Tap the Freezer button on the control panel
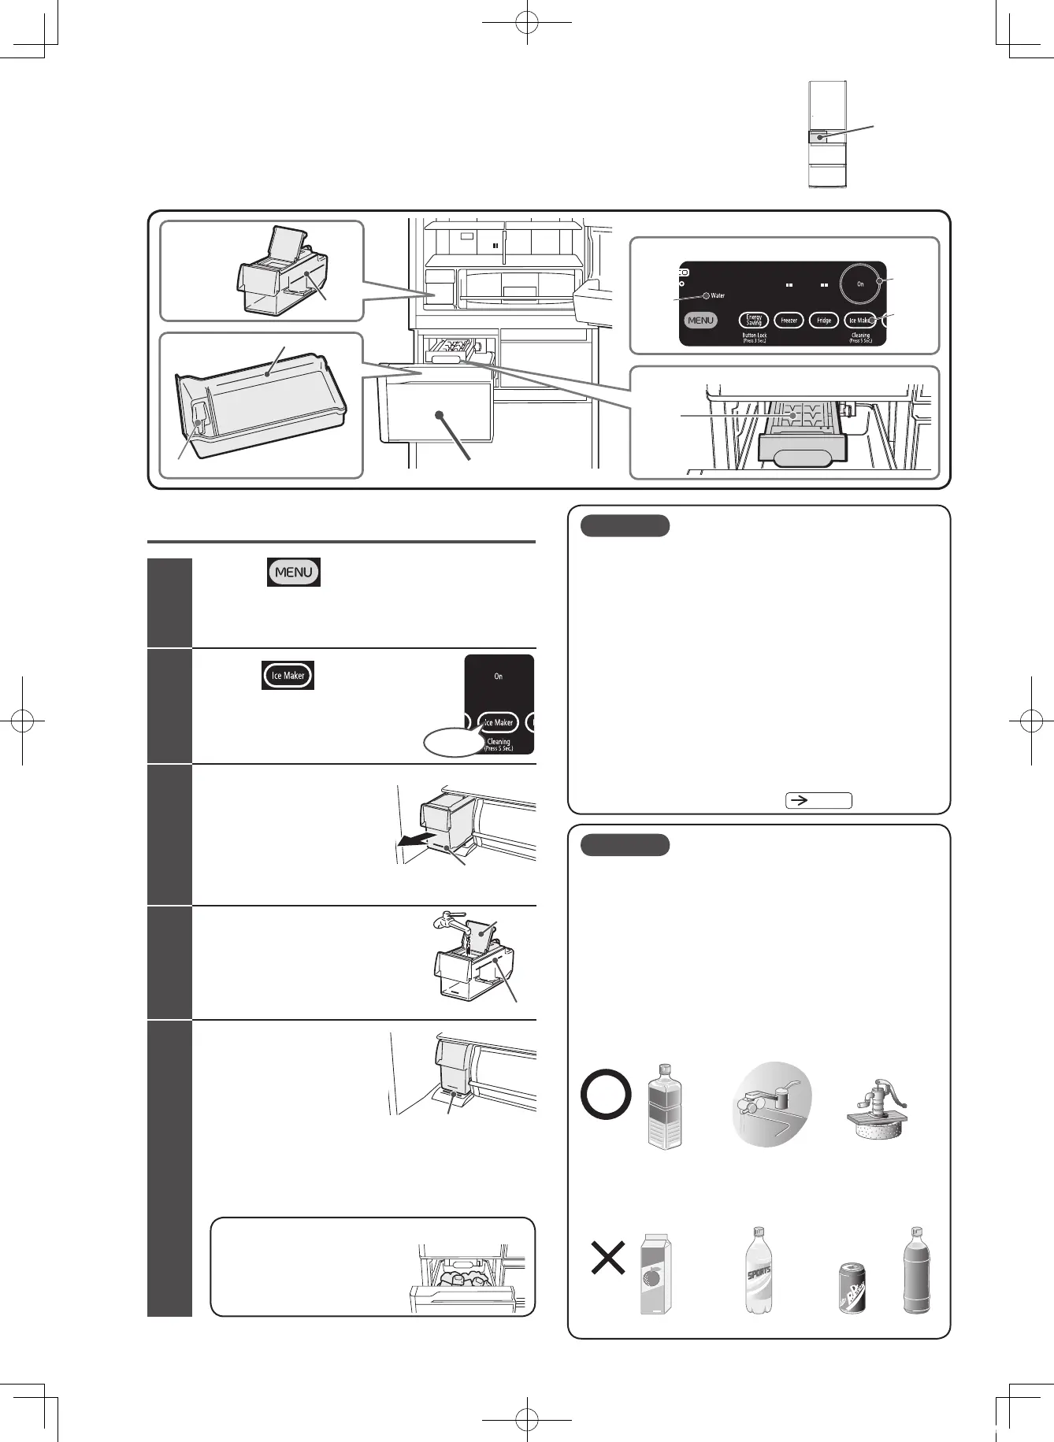pyautogui.click(x=789, y=321)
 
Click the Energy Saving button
pyautogui.click(x=754, y=321)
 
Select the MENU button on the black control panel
pyautogui.click(x=700, y=321)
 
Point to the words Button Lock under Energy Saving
pyautogui.click(x=754, y=335)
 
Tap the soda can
pyautogui.click(x=852, y=1288)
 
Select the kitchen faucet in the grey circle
pyautogui.click(x=770, y=1104)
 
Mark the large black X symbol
pyautogui.click(x=608, y=1258)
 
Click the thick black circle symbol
pyautogui.click(x=606, y=1095)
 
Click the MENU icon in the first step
pyautogui.click(x=294, y=573)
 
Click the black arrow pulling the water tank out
pyautogui.click(x=412, y=841)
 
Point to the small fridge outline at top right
pyautogui.click(x=827, y=135)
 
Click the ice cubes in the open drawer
pyautogui.click(x=462, y=1278)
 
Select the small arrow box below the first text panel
pyautogui.click(x=818, y=800)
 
